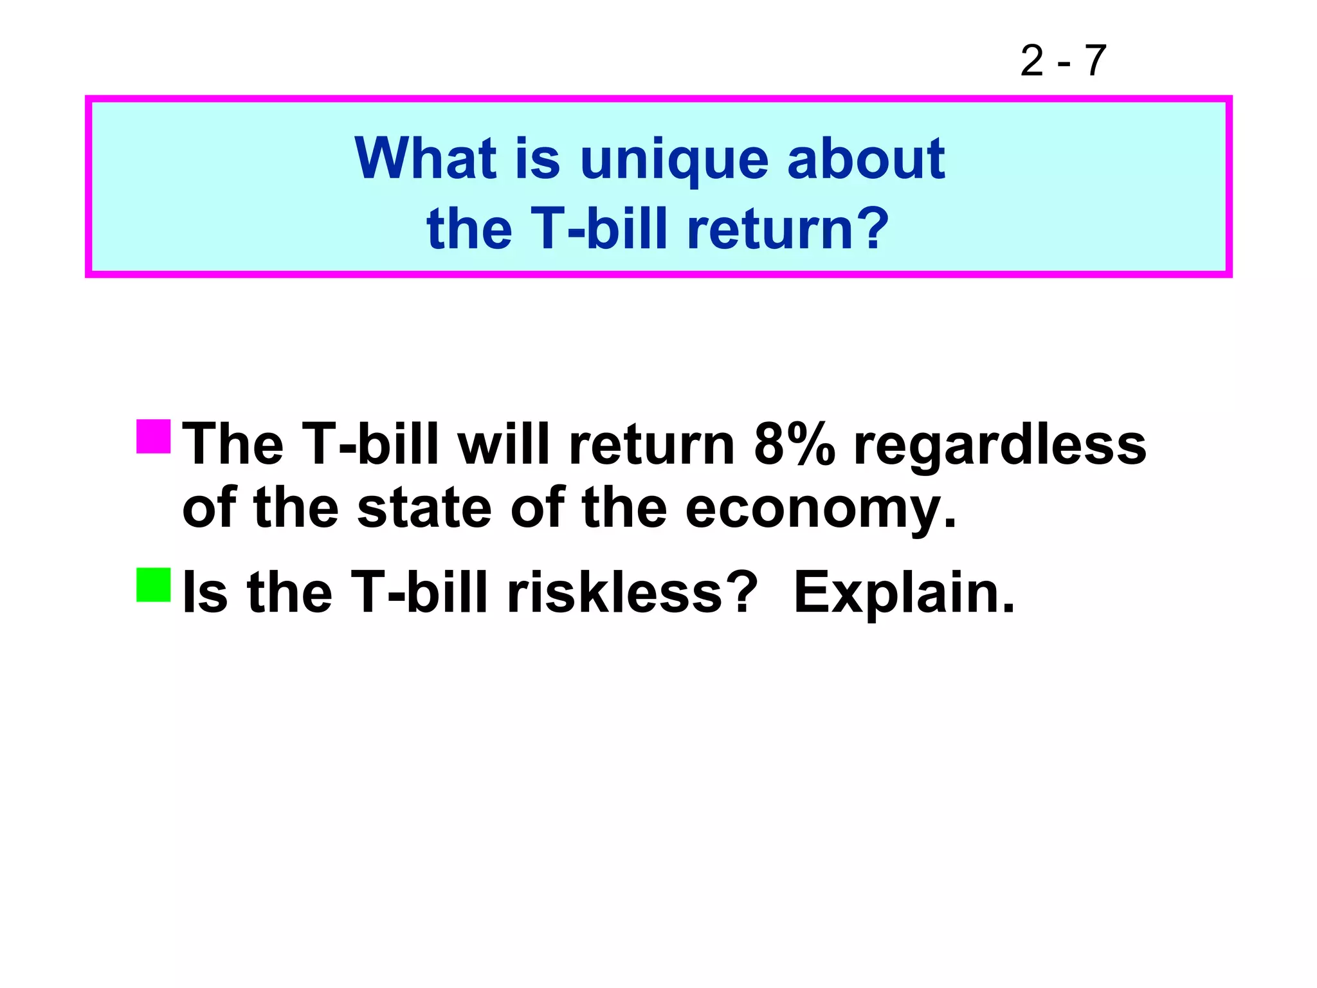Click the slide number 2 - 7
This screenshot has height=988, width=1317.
pyautogui.click(x=1063, y=61)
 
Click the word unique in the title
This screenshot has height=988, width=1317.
pyautogui.click(x=674, y=160)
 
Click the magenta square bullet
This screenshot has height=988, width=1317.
pyautogui.click(x=154, y=437)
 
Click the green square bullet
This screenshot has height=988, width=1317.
pyautogui.click(x=154, y=585)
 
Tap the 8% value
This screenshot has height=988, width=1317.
pyautogui.click(x=794, y=444)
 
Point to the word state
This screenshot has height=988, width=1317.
pyautogui.click(x=424, y=508)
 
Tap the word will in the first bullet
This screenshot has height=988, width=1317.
pyautogui.click(x=504, y=444)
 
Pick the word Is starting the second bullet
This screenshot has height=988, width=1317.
pyautogui.click(x=205, y=592)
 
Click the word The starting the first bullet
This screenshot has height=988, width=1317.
pyautogui.click(x=233, y=444)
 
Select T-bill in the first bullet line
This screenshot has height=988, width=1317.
pyautogui.click(x=370, y=444)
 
